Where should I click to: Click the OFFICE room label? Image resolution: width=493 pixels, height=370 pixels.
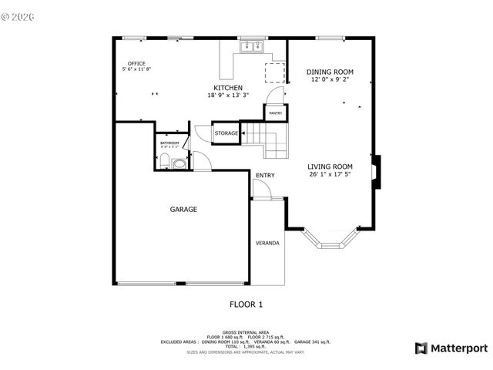click(x=136, y=64)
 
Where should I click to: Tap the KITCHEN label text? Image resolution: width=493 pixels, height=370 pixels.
click(x=229, y=88)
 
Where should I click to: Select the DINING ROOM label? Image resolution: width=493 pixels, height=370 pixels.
click(x=330, y=72)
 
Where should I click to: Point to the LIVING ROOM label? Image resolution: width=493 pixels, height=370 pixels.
click(x=330, y=166)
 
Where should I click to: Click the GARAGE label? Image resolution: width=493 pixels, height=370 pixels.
click(x=183, y=209)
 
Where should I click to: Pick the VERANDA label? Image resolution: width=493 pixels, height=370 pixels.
click(x=267, y=244)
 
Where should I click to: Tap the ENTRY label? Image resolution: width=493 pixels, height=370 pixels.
click(x=264, y=176)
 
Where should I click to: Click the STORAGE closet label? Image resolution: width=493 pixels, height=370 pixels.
click(x=226, y=133)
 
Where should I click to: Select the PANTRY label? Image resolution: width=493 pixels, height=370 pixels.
click(x=275, y=113)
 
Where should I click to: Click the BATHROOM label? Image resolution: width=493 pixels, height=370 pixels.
click(x=169, y=143)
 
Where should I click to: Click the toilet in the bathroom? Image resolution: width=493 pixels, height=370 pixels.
click(x=164, y=161)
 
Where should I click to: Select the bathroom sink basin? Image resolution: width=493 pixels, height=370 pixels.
click(x=179, y=163)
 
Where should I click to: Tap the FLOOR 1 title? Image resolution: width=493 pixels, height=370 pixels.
click(x=246, y=304)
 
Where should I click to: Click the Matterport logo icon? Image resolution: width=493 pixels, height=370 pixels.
click(x=421, y=348)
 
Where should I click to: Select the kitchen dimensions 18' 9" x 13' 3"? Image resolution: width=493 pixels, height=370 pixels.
click(x=229, y=96)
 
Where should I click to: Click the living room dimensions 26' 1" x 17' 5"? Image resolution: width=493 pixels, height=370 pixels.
click(x=330, y=174)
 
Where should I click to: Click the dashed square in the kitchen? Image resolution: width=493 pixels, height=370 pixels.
click(x=275, y=71)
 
